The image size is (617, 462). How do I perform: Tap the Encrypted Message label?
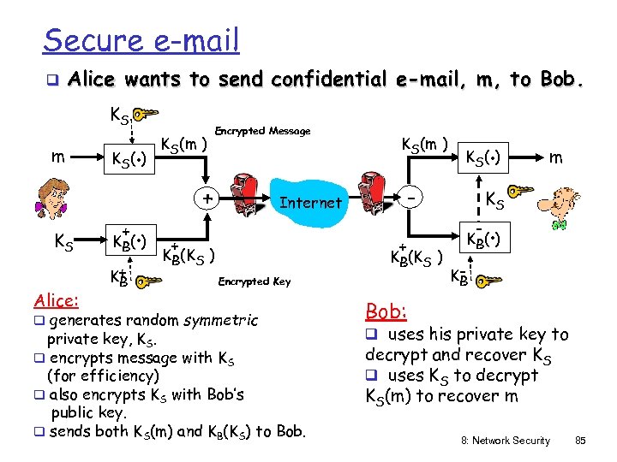point(261,131)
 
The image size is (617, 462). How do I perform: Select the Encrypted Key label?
point(255,281)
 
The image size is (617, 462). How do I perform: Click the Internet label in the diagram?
point(310,202)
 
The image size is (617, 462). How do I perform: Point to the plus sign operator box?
point(207,198)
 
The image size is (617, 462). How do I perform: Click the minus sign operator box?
point(413,198)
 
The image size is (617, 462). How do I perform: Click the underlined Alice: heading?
point(56,300)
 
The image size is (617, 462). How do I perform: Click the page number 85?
point(580,441)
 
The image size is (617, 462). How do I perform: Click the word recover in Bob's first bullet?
point(480,354)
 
